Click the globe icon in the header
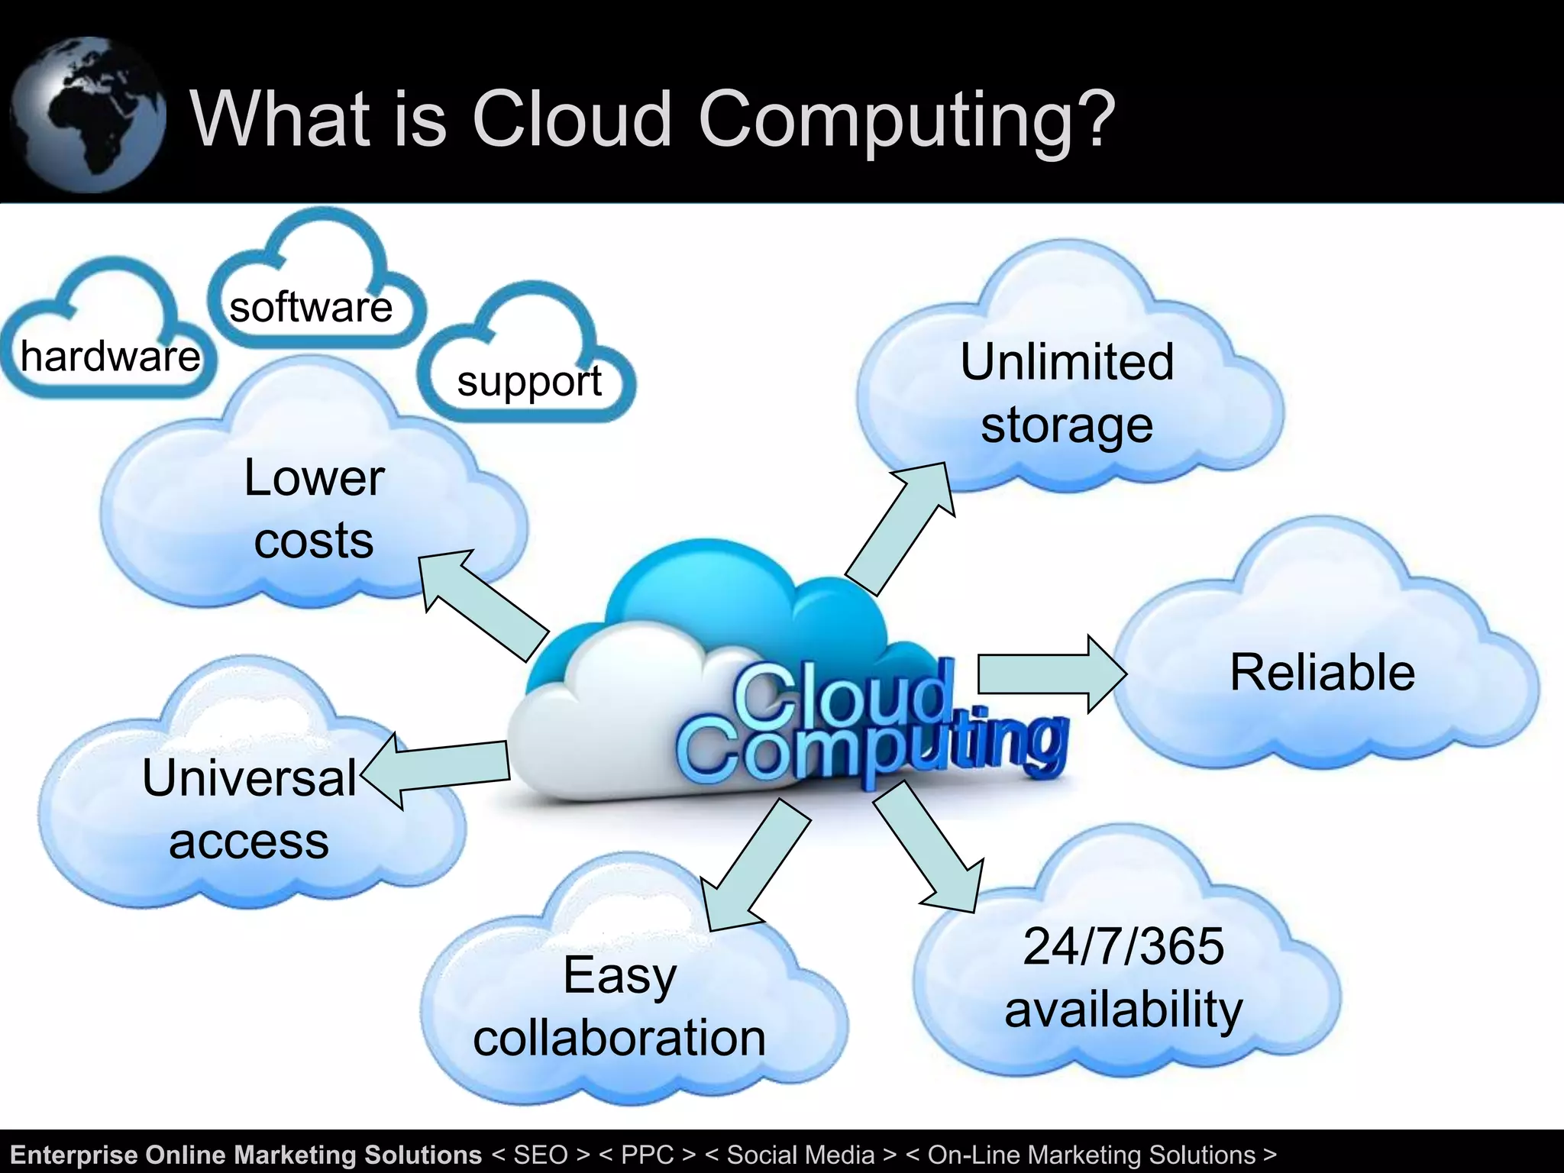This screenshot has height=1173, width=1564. coord(88,115)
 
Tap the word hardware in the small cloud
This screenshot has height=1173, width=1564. coord(111,357)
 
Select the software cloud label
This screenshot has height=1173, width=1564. coord(311,308)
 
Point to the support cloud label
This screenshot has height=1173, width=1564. coord(529,382)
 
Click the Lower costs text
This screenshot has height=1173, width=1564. coord(314,509)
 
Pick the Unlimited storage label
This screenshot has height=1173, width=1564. coord(1067,393)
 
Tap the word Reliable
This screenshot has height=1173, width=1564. coord(1322,673)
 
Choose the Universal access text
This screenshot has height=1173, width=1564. coord(249,809)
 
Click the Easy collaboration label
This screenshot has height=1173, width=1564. coord(619,1007)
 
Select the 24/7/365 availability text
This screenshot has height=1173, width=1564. coord(1123,977)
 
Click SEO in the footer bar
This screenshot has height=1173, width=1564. coord(541,1155)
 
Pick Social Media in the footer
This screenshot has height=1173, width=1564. coord(800,1155)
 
